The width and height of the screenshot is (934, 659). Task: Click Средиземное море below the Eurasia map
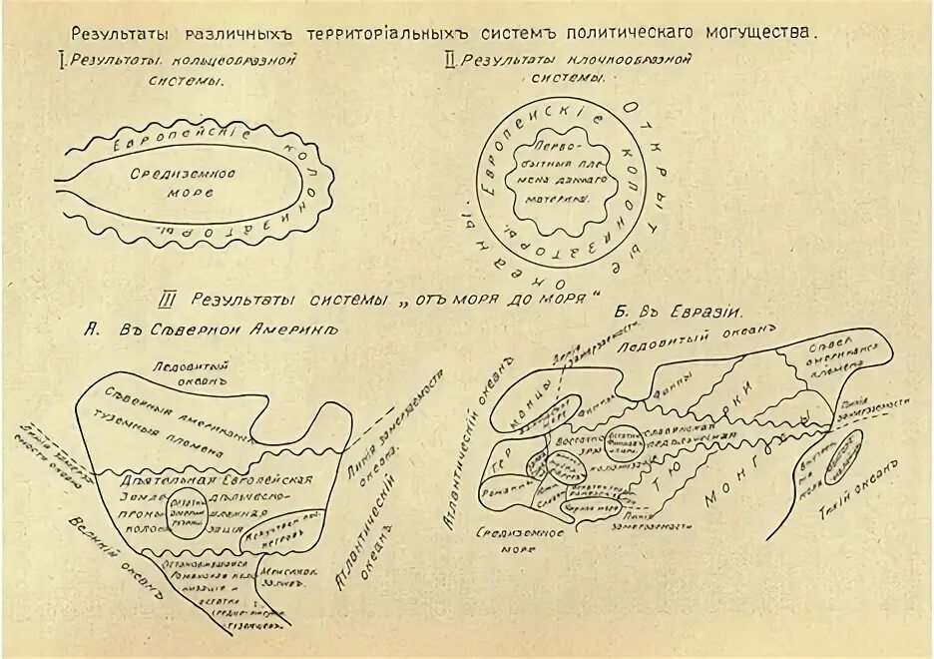(x=513, y=539)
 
